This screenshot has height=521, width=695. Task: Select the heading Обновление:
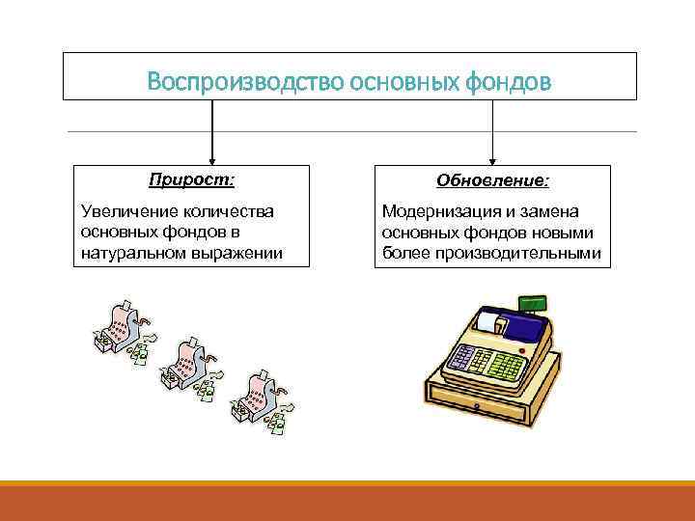[x=492, y=180]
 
